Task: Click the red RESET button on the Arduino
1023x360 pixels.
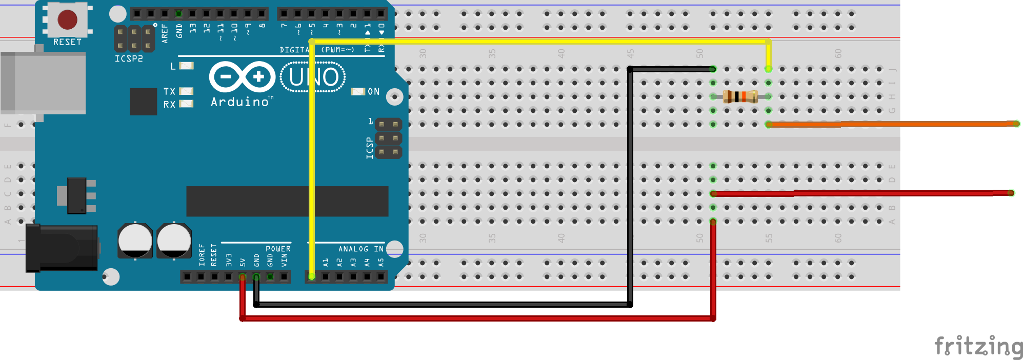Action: click(67, 19)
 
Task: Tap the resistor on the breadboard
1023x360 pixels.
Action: click(740, 96)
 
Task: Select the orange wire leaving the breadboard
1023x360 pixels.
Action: click(892, 124)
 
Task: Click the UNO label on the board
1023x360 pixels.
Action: click(313, 77)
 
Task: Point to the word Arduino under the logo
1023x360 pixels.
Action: click(240, 102)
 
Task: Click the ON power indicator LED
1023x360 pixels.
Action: click(357, 92)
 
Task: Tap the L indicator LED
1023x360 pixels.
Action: click(187, 66)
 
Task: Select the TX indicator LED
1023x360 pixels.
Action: click(186, 91)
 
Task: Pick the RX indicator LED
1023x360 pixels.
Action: click(186, 104)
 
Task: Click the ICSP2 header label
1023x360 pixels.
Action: click(129, 59)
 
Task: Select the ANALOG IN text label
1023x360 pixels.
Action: click(360, 249)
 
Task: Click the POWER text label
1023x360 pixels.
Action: click(278, 249)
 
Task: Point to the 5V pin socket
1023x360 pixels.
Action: click(243, 277)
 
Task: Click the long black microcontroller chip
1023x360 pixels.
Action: click(287, 202)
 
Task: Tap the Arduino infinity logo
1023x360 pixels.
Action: click(242, 77)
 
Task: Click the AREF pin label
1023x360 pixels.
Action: click(165, 33)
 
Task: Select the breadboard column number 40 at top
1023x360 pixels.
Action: click(561, 53)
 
